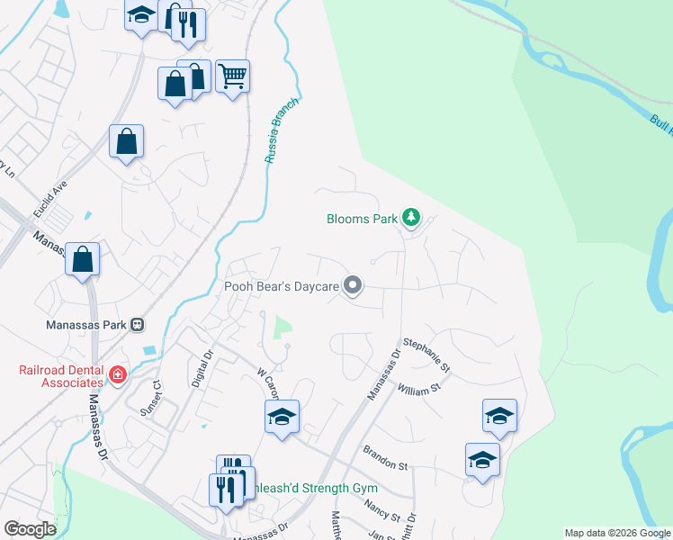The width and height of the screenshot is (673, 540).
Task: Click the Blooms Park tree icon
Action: coord(411,217)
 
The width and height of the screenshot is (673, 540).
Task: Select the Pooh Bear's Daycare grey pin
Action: coord(353,286)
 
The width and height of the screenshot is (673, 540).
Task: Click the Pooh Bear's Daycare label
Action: coord(281,287)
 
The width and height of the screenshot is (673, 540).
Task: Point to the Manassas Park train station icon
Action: coord(138,324)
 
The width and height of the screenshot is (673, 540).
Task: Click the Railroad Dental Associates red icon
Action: coord(116,374)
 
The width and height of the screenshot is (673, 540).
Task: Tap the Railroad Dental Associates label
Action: coord(62,376)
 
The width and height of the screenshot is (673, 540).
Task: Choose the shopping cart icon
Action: coord(232,76)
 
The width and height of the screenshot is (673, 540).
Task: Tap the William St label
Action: coord(417,390)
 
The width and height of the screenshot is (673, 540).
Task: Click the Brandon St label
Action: coord(385,456)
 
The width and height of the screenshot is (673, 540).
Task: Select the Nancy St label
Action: coord(382,512)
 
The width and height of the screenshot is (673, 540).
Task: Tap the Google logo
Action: coord(30,529)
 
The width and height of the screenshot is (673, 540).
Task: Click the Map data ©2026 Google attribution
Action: coord(617,533)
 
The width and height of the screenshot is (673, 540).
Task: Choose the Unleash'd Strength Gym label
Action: coord(315,488)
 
